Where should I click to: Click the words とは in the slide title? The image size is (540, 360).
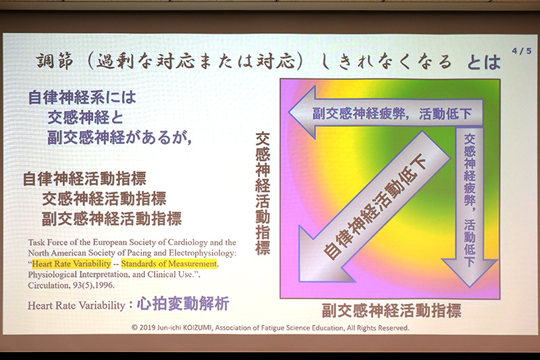click(483, 62)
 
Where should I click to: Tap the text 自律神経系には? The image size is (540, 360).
click(82, 97)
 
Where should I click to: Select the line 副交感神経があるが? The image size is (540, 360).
click(119, 137)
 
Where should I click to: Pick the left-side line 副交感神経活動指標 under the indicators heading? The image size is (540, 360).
click(111, 218)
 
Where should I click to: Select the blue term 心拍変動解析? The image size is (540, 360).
click(182, 305)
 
